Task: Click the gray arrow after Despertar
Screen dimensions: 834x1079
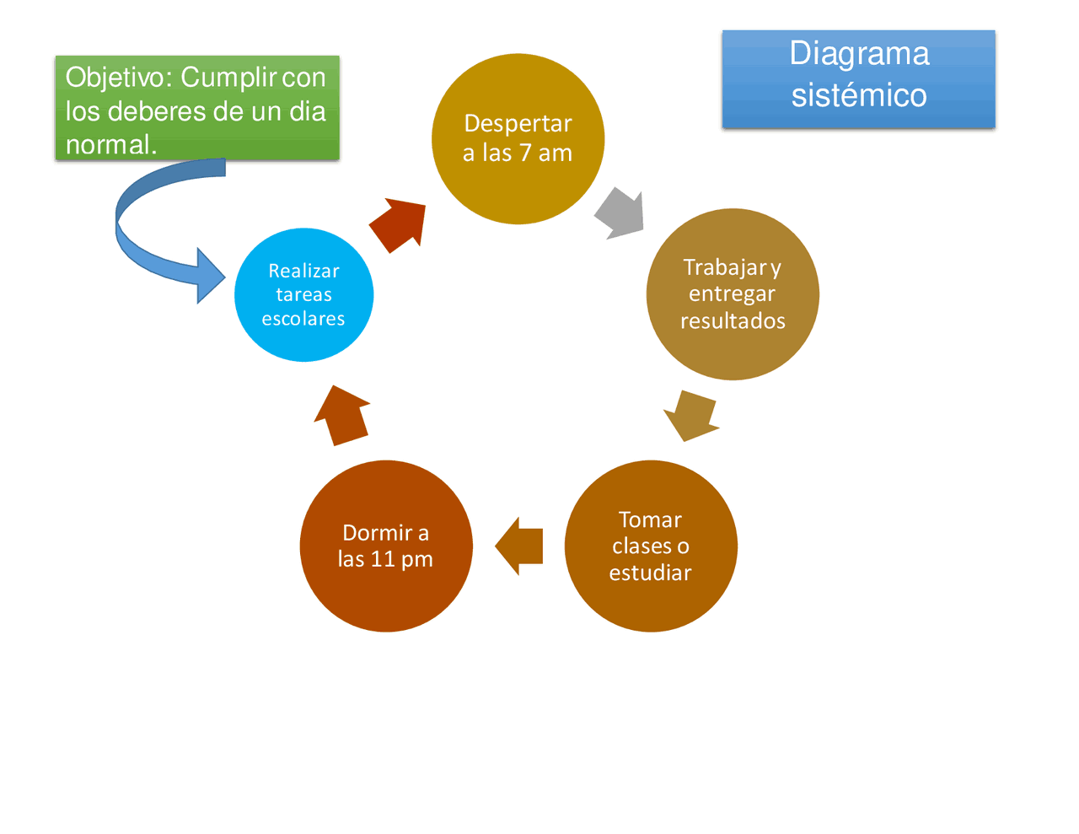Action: tap(621, 213)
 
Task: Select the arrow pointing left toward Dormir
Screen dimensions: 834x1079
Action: tap(520, 546)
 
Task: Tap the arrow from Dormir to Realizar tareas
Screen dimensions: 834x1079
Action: tap(341, 415)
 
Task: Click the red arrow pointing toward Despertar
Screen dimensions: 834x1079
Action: tap(399, 224)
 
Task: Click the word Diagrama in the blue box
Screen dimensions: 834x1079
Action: tap(859, 54)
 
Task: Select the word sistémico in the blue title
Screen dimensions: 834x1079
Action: tap(859, 95)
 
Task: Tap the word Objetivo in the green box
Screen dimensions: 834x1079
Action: tap(118, 78)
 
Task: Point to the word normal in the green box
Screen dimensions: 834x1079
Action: tap(108, 145)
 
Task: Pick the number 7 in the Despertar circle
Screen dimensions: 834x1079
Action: tap(525, 153)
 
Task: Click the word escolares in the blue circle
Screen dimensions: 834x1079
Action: tap(303, 319)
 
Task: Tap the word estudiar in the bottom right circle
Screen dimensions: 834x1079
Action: tap(650, 573)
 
